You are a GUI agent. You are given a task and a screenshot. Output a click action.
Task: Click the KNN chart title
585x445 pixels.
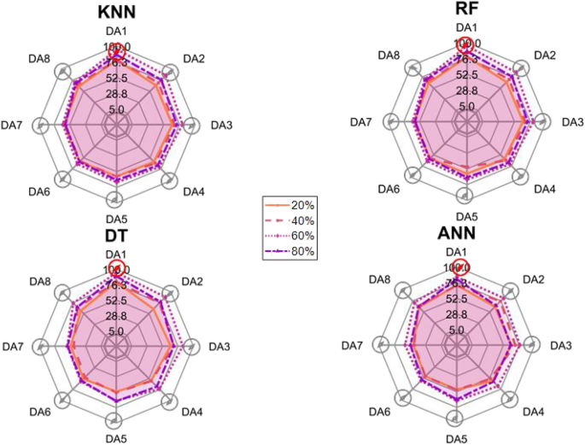click(x=116, y=12)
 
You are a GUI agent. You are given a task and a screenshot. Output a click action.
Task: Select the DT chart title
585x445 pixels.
click(x=116, y=234)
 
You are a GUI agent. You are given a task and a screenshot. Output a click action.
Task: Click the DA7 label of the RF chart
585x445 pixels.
click(x=363, y=121)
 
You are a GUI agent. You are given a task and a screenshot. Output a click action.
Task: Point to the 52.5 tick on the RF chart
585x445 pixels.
click(x=466, y=75)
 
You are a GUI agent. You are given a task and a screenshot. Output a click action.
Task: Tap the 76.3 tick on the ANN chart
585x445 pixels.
click(x=456, y=284)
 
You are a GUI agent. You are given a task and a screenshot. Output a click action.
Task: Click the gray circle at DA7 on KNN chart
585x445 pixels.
click(x=38, y=126)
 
